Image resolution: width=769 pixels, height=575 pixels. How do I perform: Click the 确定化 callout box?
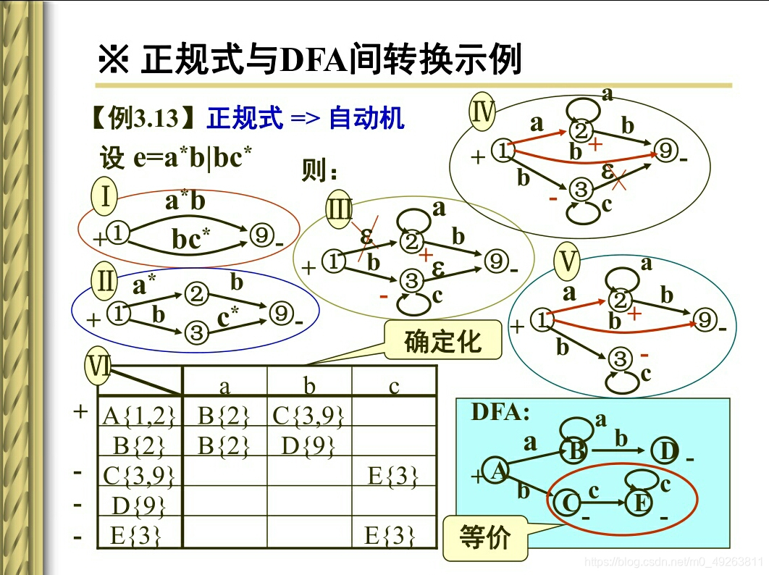[442, 340]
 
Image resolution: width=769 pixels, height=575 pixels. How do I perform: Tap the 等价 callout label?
[484, 537]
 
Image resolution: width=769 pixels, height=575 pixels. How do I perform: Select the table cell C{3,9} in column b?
[308, 415]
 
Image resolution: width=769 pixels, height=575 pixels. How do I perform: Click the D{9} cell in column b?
[308, 445]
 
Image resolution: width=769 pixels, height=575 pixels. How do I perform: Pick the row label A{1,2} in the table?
[139, 415]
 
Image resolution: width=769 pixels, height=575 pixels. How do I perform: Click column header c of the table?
[393, 386]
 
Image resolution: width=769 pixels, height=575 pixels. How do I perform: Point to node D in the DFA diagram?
[666, 451]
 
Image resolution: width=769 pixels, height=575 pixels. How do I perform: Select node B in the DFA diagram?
[576, 450]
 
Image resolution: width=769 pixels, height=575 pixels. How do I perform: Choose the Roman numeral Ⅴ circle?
[568, 262]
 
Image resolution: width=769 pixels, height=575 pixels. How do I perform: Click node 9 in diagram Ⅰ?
[261, 235]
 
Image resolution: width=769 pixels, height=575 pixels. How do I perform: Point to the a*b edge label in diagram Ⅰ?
[185, 201]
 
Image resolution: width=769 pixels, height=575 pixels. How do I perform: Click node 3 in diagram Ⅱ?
[196, 332]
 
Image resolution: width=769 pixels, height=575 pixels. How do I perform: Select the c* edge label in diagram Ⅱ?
[229, 316]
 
